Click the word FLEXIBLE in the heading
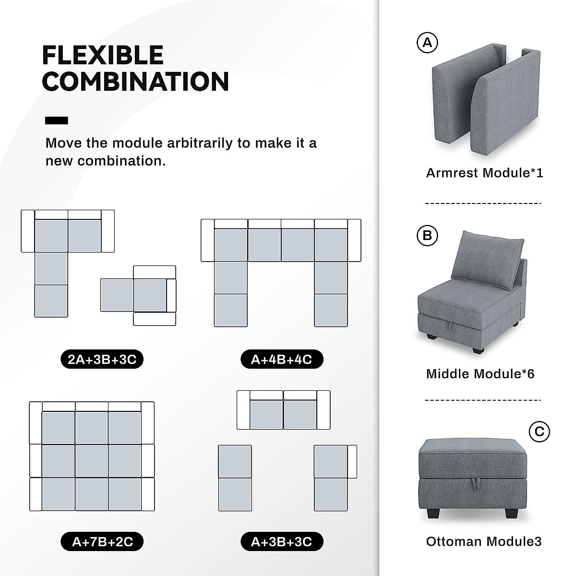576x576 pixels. [x=103, y=55]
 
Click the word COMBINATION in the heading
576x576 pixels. [x=135, y=82]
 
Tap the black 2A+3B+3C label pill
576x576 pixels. [x=102, y=359]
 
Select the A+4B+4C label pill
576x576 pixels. [x=282, y=359]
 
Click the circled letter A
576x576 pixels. [x=427, y=43]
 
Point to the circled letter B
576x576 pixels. [x=427, y=235]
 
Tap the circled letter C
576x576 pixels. [x=539, y=432]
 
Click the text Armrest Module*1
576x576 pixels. [x=484, y=173]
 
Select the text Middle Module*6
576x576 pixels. [x=480, y=373]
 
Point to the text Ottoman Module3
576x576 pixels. [x=484, y=541]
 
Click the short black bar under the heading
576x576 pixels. [x=56, y=120]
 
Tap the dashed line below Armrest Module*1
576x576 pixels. [x=483, y=204]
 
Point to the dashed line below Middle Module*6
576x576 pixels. [x=483, y=399]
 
